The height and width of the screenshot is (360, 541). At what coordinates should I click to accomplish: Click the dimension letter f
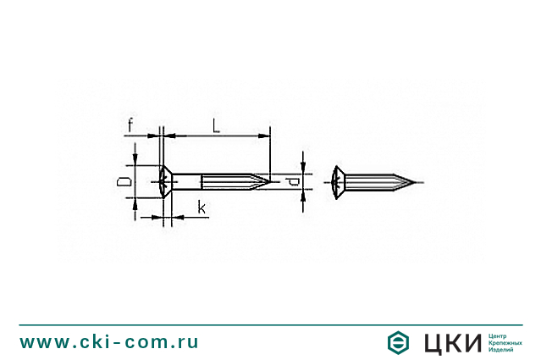coord(130,126)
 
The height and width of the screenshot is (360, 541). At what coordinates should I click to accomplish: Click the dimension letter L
coord(217,126)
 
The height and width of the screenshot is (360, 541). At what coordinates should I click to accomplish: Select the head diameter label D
coord(124,181)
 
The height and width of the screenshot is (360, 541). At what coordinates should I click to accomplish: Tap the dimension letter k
coord(201,208)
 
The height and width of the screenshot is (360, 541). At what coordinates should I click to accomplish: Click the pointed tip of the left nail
coord(270,180)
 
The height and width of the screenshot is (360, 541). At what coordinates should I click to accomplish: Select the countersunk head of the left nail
coord(168,181)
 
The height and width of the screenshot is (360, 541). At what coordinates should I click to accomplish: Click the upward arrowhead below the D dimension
coord(135,202)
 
